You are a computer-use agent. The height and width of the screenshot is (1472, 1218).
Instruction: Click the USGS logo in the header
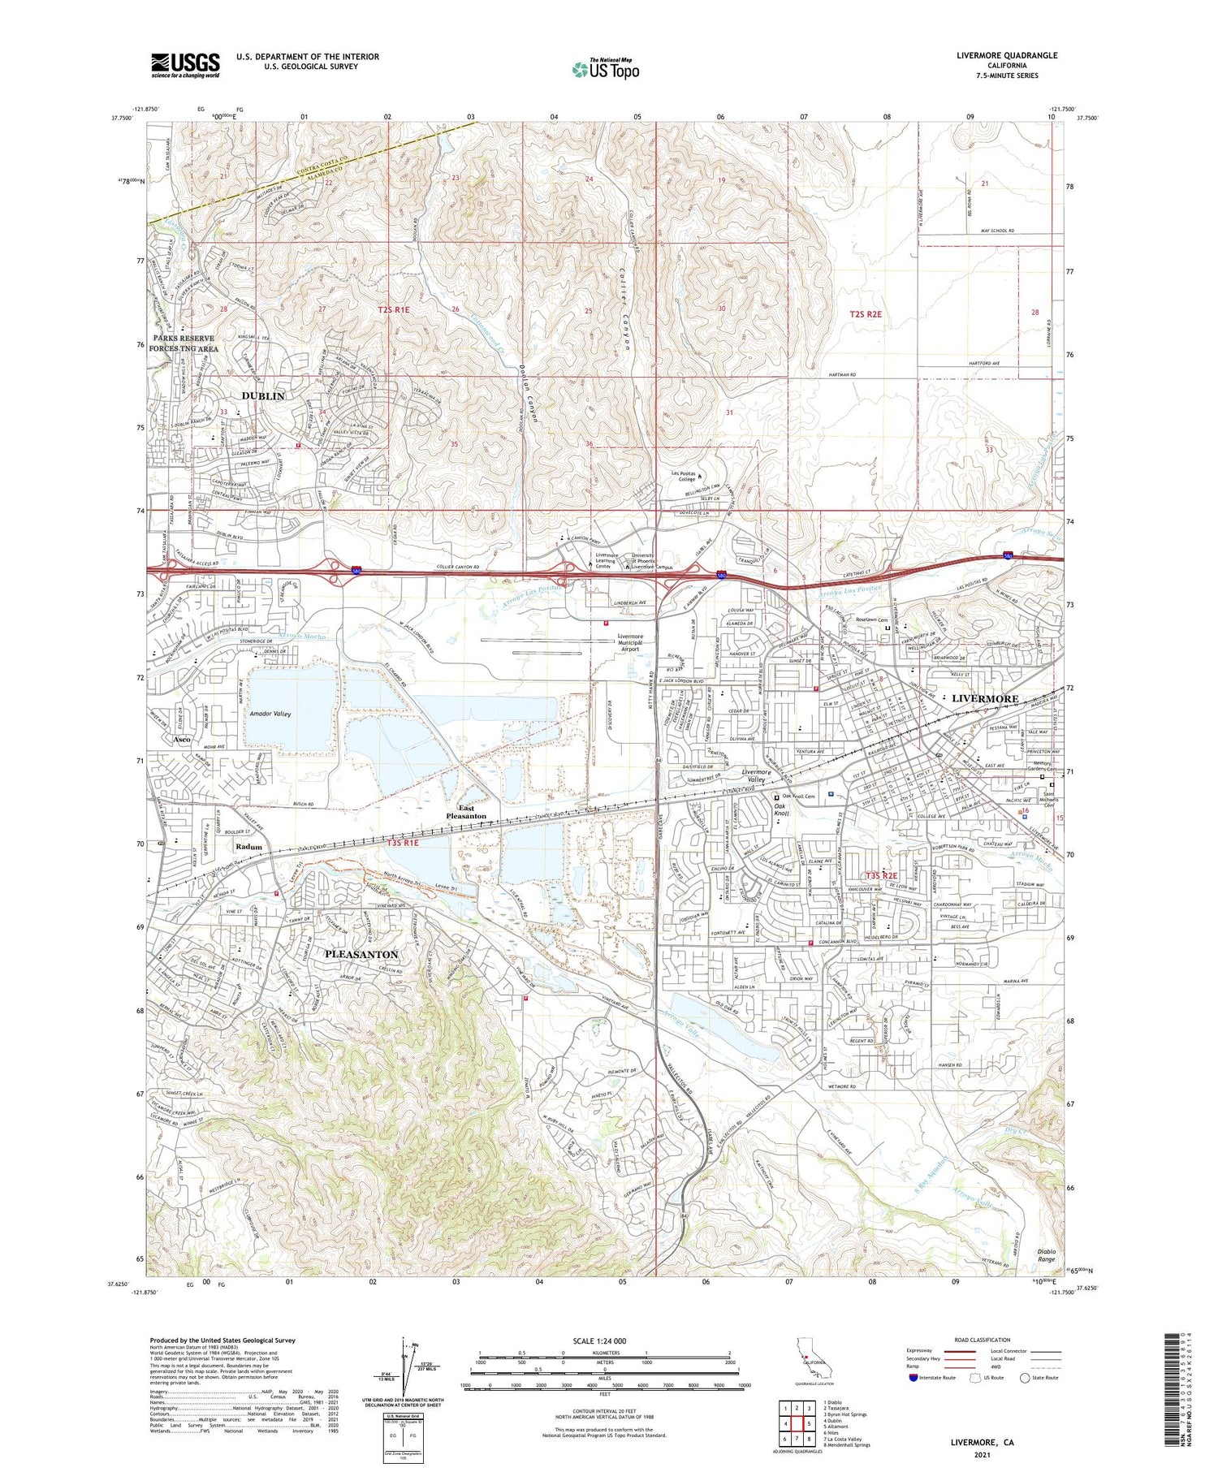pos(185,65)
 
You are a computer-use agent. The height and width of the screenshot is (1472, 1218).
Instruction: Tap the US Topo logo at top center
pos(606,69)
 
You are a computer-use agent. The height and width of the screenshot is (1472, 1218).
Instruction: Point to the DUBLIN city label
pos(263,396)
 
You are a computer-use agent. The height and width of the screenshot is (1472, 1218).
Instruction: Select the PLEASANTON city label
pos(361,954)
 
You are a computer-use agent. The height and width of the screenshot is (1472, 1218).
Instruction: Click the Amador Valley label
pos(270,714)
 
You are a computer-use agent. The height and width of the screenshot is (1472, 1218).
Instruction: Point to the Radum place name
pos(248,847)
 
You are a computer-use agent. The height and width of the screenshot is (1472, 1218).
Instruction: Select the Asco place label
pos(181,740)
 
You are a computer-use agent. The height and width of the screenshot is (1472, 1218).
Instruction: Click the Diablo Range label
pos(1046,1255)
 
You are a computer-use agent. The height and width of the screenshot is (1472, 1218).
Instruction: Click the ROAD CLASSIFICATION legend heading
pos(983,1340)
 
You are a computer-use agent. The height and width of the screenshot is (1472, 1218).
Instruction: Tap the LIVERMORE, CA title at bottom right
pos(983,1443)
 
